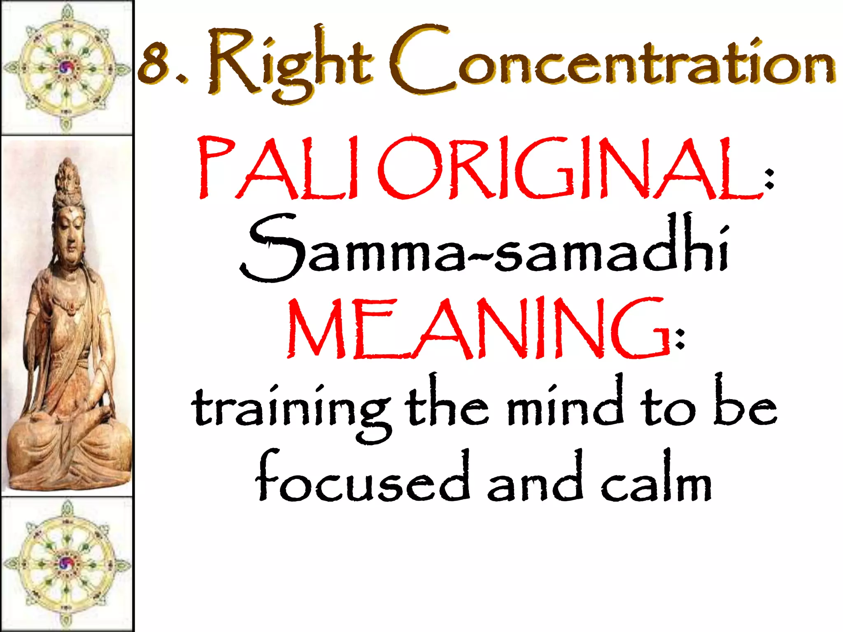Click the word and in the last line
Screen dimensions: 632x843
(535, 479)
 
